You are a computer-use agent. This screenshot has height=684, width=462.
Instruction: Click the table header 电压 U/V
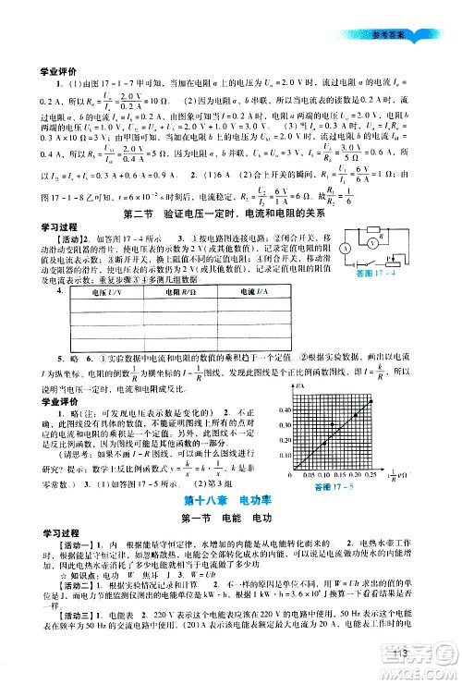click(x=98, y=317)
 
